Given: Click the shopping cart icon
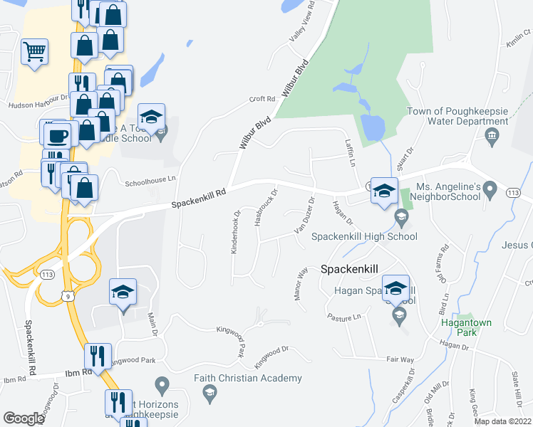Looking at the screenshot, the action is [33, 51].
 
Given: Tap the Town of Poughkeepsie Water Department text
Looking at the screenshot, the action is [457, 116].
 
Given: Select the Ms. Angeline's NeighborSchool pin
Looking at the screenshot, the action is [489, 191].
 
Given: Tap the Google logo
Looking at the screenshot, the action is [24, 418].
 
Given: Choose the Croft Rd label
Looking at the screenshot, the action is [262, 99].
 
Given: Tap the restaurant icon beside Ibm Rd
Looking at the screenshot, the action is [98, 355].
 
